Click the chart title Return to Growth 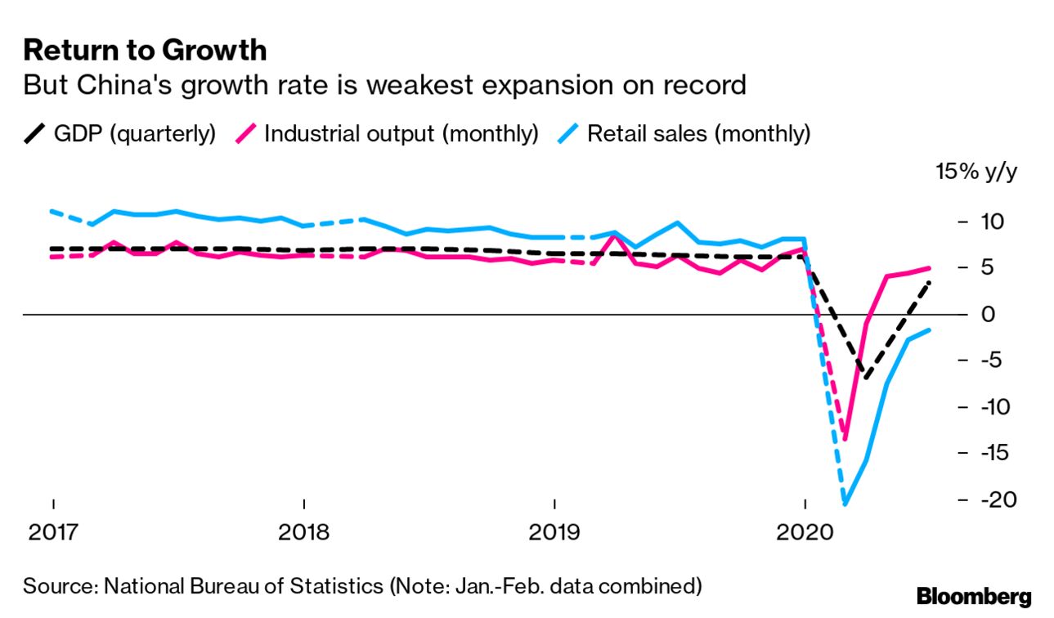click(x=145, y=50)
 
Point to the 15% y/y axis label click(x=976, y=172)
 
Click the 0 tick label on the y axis click(x=984, y=314)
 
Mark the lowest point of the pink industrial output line click(x=845, y=439)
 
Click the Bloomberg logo click(x=974, y=597)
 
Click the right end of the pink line click(x=929, y=267)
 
